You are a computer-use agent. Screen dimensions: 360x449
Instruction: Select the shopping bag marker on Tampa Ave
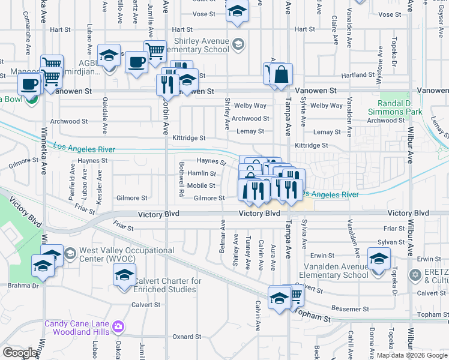pyautogui.click(x=280, y=76)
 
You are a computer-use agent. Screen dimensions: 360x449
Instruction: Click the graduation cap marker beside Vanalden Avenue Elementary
pyautogui.click(x=379, y=259)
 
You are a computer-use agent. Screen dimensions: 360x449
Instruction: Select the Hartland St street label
pyautogui.click(x=354, y=75)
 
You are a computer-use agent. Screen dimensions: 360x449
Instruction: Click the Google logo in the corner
pyautogui.click(x=20, y=353)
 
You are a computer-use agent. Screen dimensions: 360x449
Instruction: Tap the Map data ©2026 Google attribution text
pyautogui.click(x=412, y=355)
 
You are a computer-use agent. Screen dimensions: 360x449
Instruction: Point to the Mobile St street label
pyautogui.click(x=201, y=185)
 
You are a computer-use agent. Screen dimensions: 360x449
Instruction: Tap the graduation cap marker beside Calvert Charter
pyautogui.click(x=124, y=276)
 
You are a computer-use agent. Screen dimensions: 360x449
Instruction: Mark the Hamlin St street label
pyautogui.click(x=202, y=173)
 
